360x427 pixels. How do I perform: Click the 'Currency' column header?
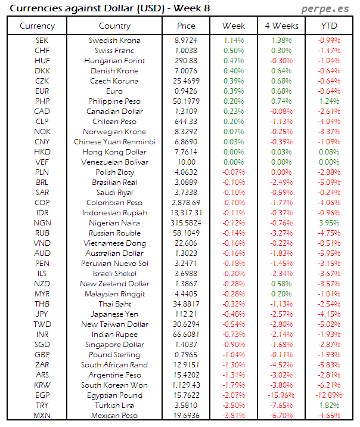(x=37, y=26)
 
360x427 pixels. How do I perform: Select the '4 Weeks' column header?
(x=281, y=26)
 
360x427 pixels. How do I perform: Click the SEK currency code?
(x=42, y=41)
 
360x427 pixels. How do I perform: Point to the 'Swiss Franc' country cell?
(x=114, y=51)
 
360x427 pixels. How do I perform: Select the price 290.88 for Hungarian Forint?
(x=186, y=61)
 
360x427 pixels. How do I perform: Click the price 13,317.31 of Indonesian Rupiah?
(x=186, y=213)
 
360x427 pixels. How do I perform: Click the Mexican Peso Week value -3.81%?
(x=234, y=416)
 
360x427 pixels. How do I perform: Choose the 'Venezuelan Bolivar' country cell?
(x=114, y=162)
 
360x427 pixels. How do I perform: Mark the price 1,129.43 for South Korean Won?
(x=186, y=385)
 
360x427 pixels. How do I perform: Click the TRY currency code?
(x=42, y=406)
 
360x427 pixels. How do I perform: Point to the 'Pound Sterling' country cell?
(x=114, y=355)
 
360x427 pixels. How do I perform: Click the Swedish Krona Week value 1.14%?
(x=234, y=41)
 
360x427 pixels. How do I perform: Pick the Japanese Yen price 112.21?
(x=186, y=314)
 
